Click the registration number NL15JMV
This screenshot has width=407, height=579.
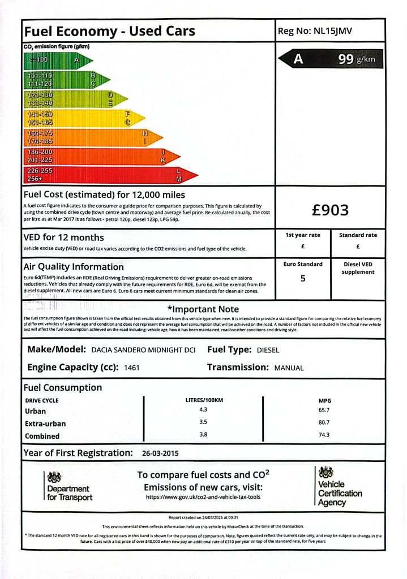(332, 31)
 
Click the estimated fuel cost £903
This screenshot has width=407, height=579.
(331, 210)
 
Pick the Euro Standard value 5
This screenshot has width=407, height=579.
(303, 278)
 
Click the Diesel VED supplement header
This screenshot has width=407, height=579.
(358, 268)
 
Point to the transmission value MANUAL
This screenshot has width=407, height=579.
(289, 368)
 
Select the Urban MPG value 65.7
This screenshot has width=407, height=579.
(324, 411)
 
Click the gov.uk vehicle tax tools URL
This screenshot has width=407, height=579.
(203, 497)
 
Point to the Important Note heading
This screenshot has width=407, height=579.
(203, 309)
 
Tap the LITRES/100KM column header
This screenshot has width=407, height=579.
(204, 400)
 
